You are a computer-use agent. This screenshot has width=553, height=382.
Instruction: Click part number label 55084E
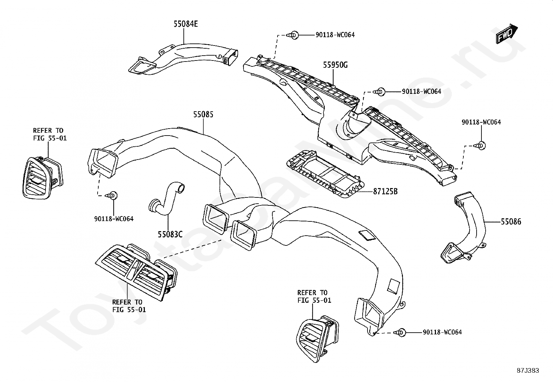[x=185, y=24]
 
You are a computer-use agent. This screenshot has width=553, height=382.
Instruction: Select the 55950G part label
[x=335, y=65]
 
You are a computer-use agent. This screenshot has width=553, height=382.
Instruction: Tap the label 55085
[x=203, y=114]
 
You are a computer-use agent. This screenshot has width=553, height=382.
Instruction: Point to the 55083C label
[x=170, y=234]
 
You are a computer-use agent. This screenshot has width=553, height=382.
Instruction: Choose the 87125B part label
[x=385, y=191]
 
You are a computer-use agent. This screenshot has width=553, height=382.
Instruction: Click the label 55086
[x=511, y=222]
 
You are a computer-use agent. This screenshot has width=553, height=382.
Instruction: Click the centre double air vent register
[x=136, y=272]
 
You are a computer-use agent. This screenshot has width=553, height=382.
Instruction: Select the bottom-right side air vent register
[x=317, y=338]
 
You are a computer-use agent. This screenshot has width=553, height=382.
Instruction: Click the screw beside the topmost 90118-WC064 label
[x=293, y=35]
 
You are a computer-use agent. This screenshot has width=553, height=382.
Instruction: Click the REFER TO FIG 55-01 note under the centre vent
[x=129, y=306]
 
